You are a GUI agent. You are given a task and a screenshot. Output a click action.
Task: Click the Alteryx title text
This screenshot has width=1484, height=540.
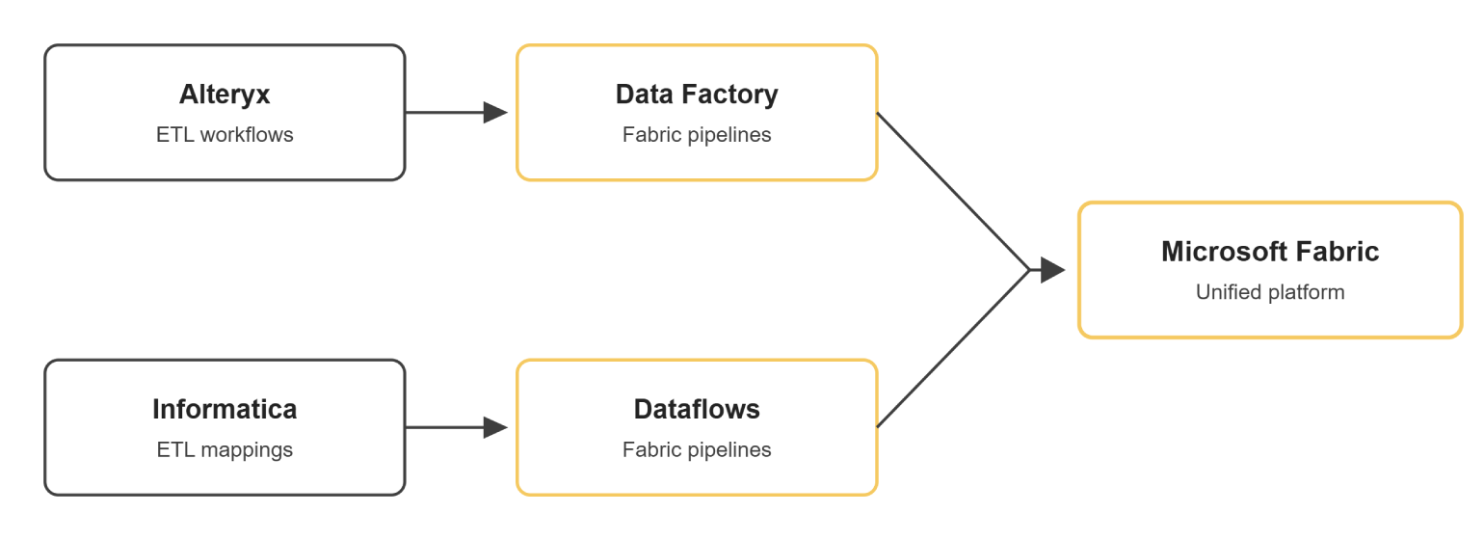(225, 94)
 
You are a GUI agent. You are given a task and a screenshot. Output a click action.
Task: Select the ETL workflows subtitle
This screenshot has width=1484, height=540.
(225, 134)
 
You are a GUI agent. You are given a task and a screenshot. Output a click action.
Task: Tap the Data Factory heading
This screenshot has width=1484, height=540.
(697, 94)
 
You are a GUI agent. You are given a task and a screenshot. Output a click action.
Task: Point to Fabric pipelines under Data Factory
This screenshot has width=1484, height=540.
(697, 135)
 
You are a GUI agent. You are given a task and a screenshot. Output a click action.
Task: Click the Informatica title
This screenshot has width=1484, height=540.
(225, 410)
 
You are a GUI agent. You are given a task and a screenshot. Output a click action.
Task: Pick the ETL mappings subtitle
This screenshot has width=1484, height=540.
(225, 450)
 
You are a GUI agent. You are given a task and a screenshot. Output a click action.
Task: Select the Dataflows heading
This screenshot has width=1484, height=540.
(697, 410)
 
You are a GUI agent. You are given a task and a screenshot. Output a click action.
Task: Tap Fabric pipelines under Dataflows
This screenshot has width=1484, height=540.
(697, 450)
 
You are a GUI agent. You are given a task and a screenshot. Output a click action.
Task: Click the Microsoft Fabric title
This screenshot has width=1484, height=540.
(1270, 252)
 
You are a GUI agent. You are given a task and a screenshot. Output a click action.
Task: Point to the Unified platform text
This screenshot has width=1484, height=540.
(1270, 293)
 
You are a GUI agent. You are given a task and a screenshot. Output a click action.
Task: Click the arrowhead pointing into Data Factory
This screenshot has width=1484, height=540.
(495, 113)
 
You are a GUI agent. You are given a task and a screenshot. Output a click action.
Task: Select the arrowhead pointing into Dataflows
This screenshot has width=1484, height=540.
(495, 427)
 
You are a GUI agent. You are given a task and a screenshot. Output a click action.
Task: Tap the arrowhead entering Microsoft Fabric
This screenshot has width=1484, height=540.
(1052, 270)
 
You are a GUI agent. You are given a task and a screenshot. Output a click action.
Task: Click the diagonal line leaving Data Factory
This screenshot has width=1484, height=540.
(953, 192)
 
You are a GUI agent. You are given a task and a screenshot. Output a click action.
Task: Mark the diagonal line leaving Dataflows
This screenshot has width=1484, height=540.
(953, 348)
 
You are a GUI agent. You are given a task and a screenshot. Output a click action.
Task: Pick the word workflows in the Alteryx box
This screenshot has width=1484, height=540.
(247, 134)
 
